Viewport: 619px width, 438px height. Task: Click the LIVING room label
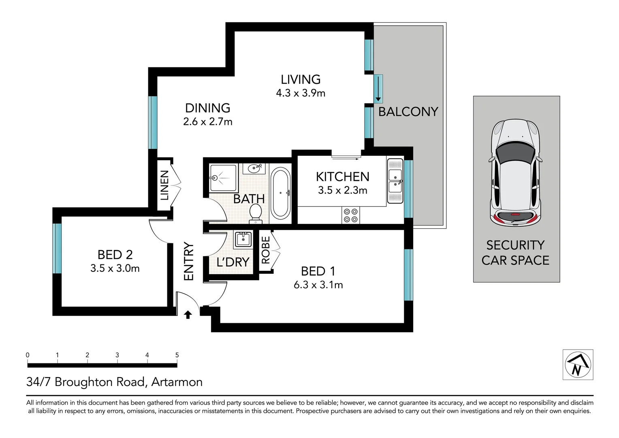(301, 79)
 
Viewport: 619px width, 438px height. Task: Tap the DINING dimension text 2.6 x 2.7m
(207, 122)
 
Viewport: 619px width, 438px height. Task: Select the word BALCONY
(408, 112)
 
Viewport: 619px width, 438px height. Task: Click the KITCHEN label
(342, 177)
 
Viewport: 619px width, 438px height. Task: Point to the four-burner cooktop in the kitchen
(350, 215)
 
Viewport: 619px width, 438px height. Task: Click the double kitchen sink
(395, 181)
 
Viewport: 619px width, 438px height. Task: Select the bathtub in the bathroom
(280, 193)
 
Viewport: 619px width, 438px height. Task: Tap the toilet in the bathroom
(256, 213)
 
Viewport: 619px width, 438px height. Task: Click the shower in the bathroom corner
(222, 178)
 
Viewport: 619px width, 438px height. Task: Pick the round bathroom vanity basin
(254, 168)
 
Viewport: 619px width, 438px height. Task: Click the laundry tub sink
(243, 239)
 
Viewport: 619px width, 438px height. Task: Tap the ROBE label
(265, 250)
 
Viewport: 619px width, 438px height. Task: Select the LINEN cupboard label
(164, 185)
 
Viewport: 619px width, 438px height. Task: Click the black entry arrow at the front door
(188, 315)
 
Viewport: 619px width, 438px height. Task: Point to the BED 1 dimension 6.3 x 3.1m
(318, 285)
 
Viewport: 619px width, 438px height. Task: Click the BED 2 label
(115, 255)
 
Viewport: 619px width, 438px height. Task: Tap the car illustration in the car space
(516, 173)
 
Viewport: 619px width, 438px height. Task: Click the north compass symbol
(578, 365)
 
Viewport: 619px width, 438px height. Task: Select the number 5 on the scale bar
(177, 355)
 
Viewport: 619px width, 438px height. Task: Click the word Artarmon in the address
(177, 382)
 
